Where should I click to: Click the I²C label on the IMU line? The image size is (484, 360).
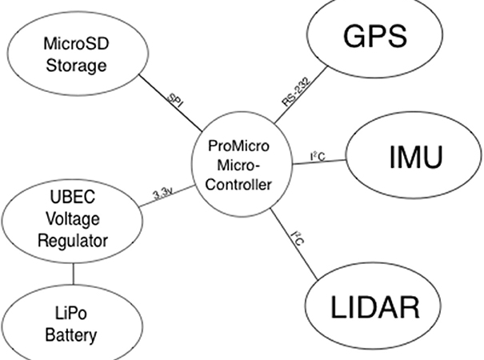[318, 158]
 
